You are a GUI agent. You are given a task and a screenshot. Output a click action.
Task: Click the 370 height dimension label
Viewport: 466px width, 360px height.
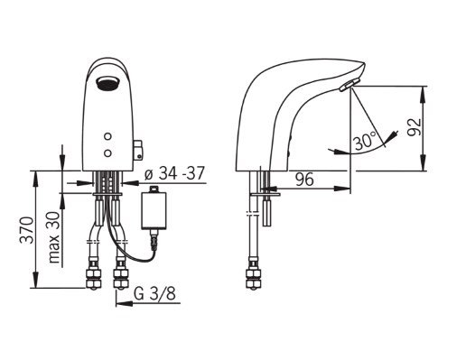[26, 230]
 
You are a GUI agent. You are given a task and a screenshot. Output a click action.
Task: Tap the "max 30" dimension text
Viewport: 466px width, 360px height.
[54, 237]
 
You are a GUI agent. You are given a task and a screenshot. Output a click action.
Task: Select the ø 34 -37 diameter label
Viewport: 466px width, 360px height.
[174, 173]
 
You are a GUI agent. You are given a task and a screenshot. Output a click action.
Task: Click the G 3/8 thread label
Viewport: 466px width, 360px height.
[154, 293]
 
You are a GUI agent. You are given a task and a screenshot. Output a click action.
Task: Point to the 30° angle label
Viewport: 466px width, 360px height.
[366, 141]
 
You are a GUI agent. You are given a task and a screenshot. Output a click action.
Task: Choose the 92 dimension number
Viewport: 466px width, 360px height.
[415, 127]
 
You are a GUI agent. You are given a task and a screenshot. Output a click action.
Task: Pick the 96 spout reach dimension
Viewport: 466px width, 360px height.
[304, 180]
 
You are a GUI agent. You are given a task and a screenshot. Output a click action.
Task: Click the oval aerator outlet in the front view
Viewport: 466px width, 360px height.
[107, 83]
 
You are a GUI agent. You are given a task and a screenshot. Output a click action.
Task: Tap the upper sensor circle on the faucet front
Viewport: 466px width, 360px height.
[107, 136]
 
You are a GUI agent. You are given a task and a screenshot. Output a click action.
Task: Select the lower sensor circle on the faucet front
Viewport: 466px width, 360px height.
[107, 153]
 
